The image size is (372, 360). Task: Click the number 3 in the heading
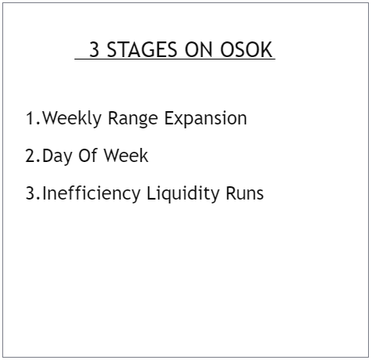tap(94, 51)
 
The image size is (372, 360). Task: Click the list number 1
tap(30, 118)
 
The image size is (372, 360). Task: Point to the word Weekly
tap(72, 118)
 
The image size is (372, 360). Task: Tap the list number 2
tap(31, 156)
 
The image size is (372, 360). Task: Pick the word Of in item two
tap(89, 156)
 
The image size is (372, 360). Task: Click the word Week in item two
tap(126, 156)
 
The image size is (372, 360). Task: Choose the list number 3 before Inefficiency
tap(31, 193)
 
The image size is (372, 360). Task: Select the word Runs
tap(244, 193)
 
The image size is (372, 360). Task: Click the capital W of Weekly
tap(50, 118)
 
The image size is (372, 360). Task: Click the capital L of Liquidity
tap(152, 193)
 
